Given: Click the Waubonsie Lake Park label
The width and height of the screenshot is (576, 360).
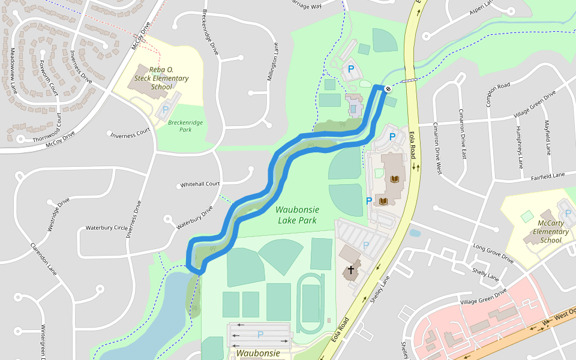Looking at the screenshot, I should [298, 215].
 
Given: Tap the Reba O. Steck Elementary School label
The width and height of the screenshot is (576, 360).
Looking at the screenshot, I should [161, 79].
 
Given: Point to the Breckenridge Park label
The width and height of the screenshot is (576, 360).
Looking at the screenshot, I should [185, 125].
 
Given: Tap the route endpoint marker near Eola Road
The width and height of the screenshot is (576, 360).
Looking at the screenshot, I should [388, 89].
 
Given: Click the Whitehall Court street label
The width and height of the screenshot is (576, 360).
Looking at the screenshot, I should [200, 184].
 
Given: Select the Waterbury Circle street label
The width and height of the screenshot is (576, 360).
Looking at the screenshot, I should [106, 228].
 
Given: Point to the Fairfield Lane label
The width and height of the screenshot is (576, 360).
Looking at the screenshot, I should [548, 176].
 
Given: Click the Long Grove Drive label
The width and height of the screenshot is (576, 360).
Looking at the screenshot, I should [493, 254].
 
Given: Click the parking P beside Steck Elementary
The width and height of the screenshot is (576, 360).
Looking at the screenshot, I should [166, 110].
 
